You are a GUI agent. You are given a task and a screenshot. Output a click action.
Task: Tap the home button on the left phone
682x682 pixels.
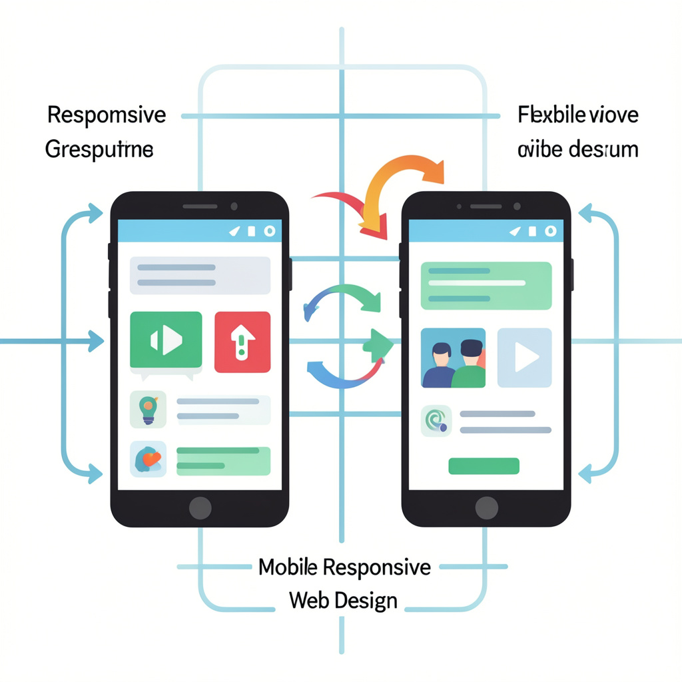[200, 508]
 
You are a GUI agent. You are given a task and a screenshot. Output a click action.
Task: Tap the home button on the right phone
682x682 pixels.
[487, 508]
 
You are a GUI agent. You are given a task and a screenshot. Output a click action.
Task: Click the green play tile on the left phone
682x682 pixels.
[166, 341]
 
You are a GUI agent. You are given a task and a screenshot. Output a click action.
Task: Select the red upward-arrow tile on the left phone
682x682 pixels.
[242, 341]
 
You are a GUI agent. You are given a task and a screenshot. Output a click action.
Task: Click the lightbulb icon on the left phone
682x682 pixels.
[148, 409]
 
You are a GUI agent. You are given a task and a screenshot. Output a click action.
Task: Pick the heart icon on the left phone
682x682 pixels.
[148, 459]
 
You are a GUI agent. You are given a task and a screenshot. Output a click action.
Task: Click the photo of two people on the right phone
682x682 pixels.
[453, 358]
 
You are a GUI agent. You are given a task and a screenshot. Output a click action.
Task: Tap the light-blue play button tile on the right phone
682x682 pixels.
[524, 358]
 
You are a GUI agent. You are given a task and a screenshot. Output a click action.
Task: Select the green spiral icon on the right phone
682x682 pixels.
[437, 422]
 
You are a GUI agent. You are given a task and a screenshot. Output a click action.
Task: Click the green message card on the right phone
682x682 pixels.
[486, 285]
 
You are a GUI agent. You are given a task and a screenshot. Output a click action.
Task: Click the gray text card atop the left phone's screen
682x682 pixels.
[200, 275]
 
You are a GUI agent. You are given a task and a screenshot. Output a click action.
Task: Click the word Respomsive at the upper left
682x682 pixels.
[106, 115]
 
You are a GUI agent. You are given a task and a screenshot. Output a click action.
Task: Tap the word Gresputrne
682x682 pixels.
[99, 149]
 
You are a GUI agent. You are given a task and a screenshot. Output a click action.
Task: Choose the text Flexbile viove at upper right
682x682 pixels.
[577, 115]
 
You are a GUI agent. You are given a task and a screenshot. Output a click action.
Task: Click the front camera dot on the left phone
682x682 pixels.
[234, 206]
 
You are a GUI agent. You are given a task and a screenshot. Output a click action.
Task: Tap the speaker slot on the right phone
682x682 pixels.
[486, 206]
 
